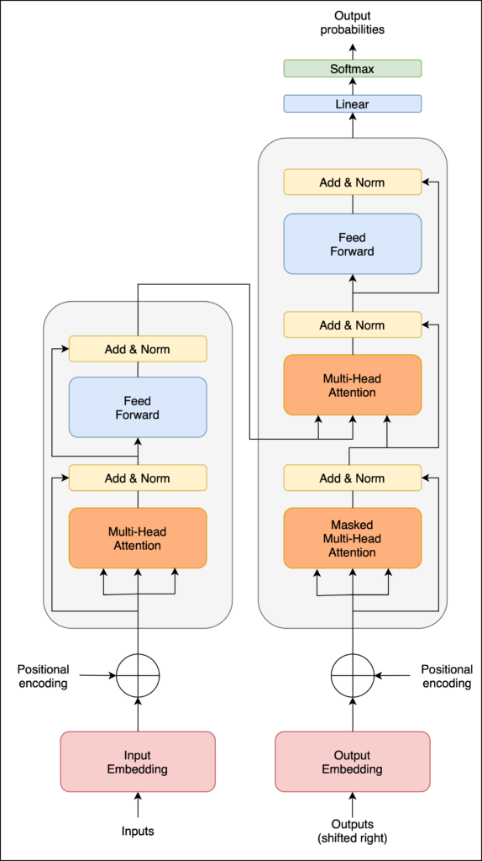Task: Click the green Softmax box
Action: (353, 69)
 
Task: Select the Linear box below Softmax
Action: (353, 103)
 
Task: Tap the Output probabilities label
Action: (353, 24)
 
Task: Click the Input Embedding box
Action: (138, 761)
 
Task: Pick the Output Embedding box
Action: (353, 761)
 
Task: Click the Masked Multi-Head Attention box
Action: (353, 537)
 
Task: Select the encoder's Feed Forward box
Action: (138, 408)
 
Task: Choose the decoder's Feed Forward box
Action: (353, 244)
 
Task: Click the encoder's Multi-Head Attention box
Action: (138, 537)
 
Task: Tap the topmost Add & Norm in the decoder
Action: (353, 182)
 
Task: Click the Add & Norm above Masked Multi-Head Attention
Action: (353, 478)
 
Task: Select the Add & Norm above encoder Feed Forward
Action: (138, 349)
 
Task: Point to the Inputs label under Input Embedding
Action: (138, 832)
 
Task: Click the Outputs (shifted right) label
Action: (353, 832)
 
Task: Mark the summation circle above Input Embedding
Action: (138, 675)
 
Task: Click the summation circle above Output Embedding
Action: (353, 675)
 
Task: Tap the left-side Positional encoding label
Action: (44, 676)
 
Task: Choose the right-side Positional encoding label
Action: (447, 676)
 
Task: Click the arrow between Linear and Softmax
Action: (353, 87)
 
